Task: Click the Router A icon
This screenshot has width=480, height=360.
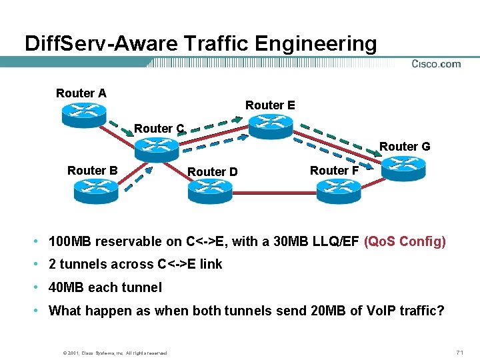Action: [x=84, y=114]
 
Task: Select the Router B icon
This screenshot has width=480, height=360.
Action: [x=96, y=191]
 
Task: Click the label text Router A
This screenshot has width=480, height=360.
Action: [x=81, y=93]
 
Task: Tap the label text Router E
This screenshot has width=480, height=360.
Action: [x=270, y=105]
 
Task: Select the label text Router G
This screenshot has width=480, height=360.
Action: [x=405, y=146]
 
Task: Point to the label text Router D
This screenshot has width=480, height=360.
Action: [x=213, y=172]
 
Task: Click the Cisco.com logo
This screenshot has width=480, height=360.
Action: [x=436, y=64]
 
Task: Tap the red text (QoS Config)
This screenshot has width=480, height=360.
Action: [x=405, y=241]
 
